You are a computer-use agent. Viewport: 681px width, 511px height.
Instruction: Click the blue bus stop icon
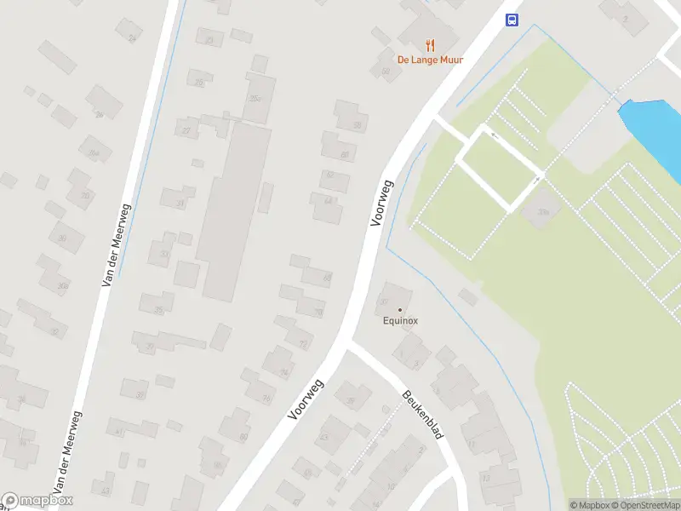(x=512, y=20)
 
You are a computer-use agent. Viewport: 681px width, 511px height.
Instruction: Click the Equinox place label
(x=400, y=321)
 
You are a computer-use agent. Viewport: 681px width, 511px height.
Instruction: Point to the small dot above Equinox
(x=400, y=310)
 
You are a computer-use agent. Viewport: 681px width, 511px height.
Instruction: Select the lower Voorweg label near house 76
(x=304, y=399)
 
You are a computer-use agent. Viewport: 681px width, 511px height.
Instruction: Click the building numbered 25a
(x=259, y=97)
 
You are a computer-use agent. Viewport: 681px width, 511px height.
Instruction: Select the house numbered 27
(x=186, y=129)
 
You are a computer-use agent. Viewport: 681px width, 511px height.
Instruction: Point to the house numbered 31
(x=179, y=203)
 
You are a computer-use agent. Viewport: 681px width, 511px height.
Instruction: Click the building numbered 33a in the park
(x=541, y=212)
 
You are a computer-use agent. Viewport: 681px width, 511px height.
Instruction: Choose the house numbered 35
(x=157, y=309)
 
